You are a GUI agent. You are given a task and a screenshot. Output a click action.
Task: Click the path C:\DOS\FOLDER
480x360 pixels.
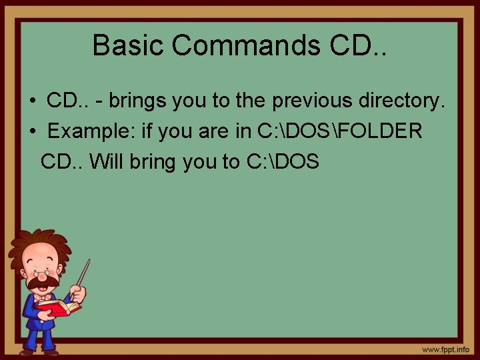click(x=339, y=131)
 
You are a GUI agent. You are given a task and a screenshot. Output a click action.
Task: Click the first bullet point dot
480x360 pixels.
click(x=32, y=101)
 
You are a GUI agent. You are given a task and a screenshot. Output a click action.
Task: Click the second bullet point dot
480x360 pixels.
click(x=32, y=131)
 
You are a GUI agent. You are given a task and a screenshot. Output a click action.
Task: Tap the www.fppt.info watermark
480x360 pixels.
click(x=445, y=349)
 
